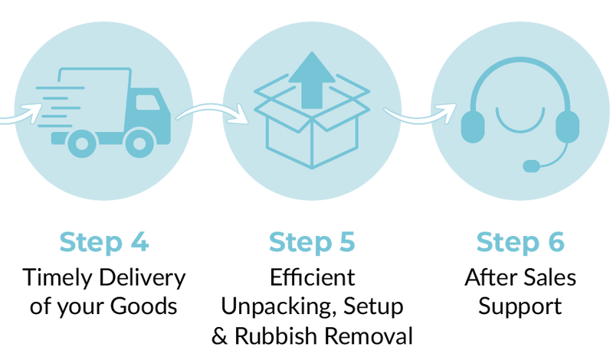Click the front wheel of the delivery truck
coord(139,142)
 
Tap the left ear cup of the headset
coord(472,126)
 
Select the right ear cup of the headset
coord(568,126)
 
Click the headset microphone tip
coord(530,166)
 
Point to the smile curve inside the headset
coord(520,123)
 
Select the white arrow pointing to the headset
coord(421,116)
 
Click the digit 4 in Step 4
coord(139,242)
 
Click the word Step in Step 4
coord(90,242)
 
